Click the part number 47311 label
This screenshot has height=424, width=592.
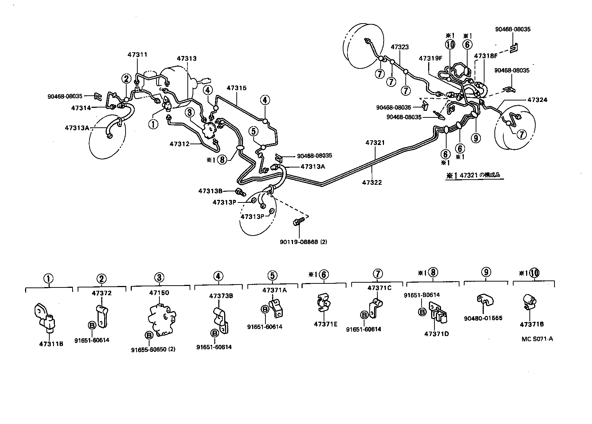pyautogui.click(x=137, y=55)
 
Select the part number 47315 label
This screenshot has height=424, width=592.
pyautogui.click(x=236, y=88)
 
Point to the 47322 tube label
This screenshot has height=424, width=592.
pyautogui.click(x=371, y=182)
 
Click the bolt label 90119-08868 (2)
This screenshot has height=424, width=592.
pyautogui.click(x=303, y=242)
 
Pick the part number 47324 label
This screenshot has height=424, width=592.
pyautogui.click(x=537, y=100)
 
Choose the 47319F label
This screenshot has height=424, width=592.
pyautogui.click(x=430, y=59)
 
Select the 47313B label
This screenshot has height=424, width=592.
pyautogui.click(x=211, y=191)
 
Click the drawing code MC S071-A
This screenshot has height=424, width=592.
pyautogui.click(x=537, y=339)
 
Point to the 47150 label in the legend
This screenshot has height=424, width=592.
pyautogui.click(x=159, y=293)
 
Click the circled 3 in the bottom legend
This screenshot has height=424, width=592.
pyautogui.click(x=159, y=278)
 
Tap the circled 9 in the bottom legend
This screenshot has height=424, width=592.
pyautogui.click(x=486, y=273)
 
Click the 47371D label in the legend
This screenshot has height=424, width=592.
pyautogui.click(x=437, y=334)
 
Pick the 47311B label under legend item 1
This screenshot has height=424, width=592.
pyautogui.click(x=51, y=344)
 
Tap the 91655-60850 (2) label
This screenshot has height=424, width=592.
pyautogui.click(x=153, y=349)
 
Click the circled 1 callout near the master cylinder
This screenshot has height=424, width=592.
pyautogui.click(x=153, y=124)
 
